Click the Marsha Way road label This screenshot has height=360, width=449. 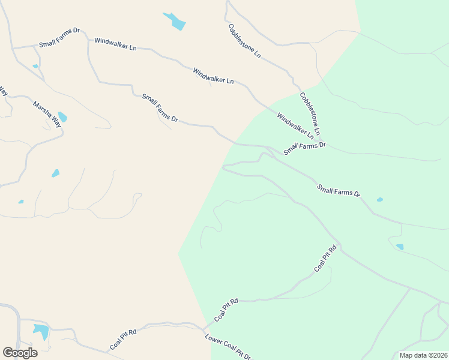(47, 113)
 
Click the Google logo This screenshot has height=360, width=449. (20, 352)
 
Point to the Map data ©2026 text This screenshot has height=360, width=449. (423, 355)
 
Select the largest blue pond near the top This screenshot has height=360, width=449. (175, 22)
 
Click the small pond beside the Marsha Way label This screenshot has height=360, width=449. (62, 117)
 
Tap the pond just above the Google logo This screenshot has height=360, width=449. (40, 331)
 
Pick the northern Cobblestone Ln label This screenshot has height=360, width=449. (244, 41)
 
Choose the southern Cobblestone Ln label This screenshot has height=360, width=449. (310, 113)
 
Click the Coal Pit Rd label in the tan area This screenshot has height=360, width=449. (123, 340)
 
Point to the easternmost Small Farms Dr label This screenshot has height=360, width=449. (339, 190)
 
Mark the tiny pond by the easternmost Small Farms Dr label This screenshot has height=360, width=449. (379, 199)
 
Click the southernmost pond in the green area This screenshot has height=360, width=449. (400, 247)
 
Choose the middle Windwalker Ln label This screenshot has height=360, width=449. (213, 76)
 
